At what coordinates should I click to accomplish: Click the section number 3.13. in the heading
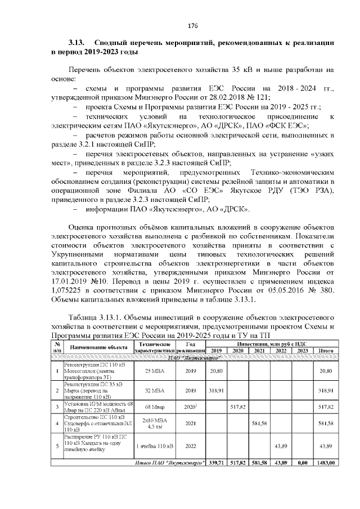[x=76, y=42]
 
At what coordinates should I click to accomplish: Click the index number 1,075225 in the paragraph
[x=70, y=290]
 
